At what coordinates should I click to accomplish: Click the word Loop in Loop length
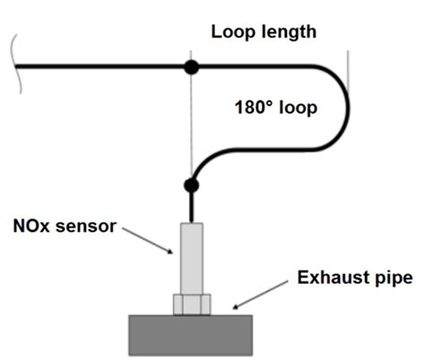click(x=230, y=33)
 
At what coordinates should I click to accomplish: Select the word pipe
click(x=393, y=278)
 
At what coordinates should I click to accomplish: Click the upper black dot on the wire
click(x=190, y=67)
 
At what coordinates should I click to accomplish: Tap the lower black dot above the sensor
click(x=190, y=186)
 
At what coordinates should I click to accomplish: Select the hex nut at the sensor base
click(x=191, y=304)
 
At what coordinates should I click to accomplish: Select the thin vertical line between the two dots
click(x=190, y=125)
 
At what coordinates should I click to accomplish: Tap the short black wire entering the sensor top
click(x=190, y=208)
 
